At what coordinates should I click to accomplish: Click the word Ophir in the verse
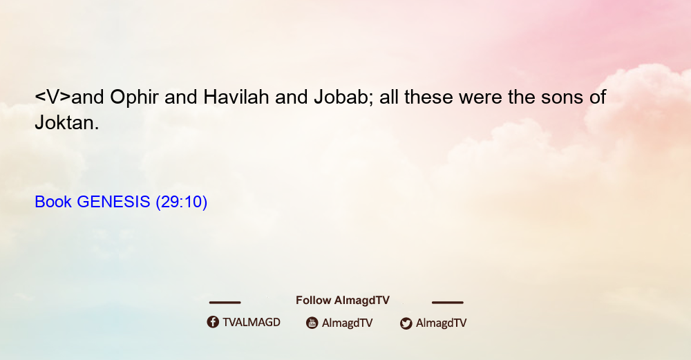coord(134,97)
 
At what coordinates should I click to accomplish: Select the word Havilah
coord(236,97)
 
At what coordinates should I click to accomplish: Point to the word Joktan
coord(67,122)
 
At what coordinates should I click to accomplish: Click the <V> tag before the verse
coord(53,97)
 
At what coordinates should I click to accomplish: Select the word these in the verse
coord(428,97)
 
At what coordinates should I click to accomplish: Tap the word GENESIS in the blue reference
coord(113,202)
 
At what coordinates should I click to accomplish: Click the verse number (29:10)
coord(182,202)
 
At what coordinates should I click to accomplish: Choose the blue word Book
coord(53,202)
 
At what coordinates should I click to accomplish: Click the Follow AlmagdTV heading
coord(343,301)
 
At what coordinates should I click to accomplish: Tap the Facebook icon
coord(213,322)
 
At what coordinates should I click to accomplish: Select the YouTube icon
coord(312,323)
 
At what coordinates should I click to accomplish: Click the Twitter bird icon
coord(406,323)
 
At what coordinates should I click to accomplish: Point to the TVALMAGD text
coord(252,323)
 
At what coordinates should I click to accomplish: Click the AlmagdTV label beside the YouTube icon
coord(348,323)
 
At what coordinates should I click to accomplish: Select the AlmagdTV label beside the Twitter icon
coord(441,323)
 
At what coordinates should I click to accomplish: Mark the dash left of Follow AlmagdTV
coord(225,303)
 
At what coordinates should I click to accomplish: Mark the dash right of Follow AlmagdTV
coord(448,303)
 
